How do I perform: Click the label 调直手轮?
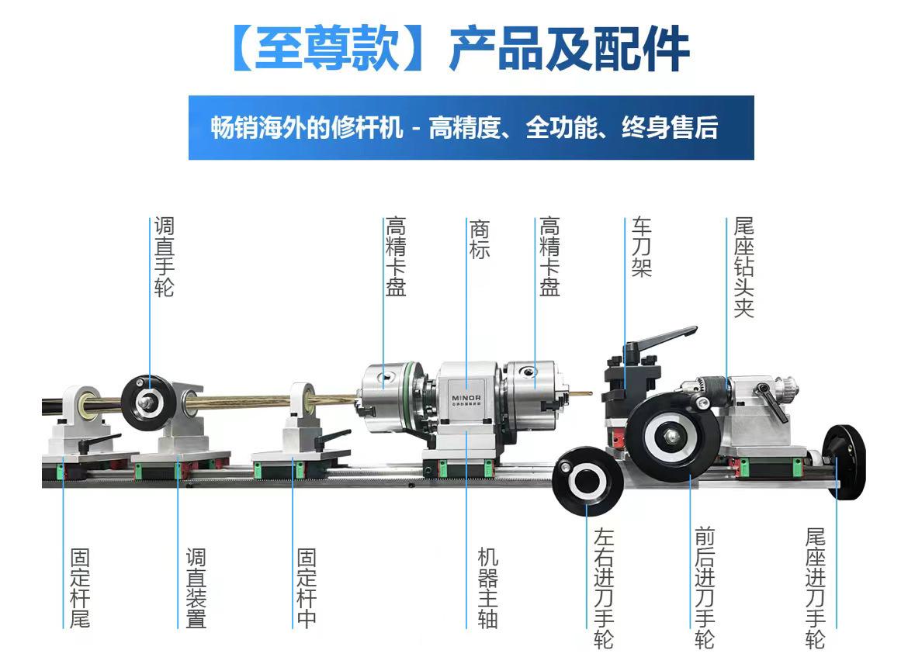point(164,258)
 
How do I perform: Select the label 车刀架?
point(641,247)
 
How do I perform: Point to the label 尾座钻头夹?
point(743,268)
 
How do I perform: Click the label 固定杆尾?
point(80,589)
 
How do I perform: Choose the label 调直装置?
point(196,589)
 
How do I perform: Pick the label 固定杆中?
point(307,589)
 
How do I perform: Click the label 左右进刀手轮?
point(604,589)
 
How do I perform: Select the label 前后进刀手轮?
point(705,589)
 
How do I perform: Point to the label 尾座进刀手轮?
point(815,589)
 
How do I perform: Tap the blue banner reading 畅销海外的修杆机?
point(470,127)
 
